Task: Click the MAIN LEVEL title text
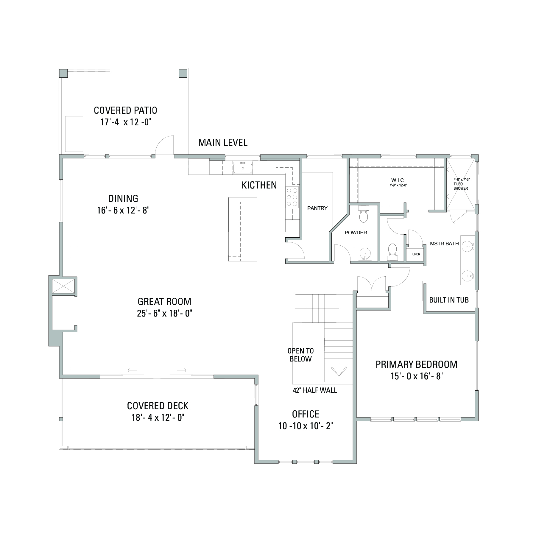(223, 143)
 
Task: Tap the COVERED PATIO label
(125, 110)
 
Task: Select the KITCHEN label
(259, 185)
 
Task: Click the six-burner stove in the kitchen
(292, 197)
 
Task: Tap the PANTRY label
(317, 208)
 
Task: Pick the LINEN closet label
(416, 254)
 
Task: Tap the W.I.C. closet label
(398, 180)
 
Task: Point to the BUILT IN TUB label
(449, 300)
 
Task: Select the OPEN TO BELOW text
(301, 355)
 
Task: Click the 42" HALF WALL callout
(315, 390)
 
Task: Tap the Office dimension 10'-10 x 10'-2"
(306, 426)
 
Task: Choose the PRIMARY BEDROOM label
(417, 364)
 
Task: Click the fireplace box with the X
(64, 286)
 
